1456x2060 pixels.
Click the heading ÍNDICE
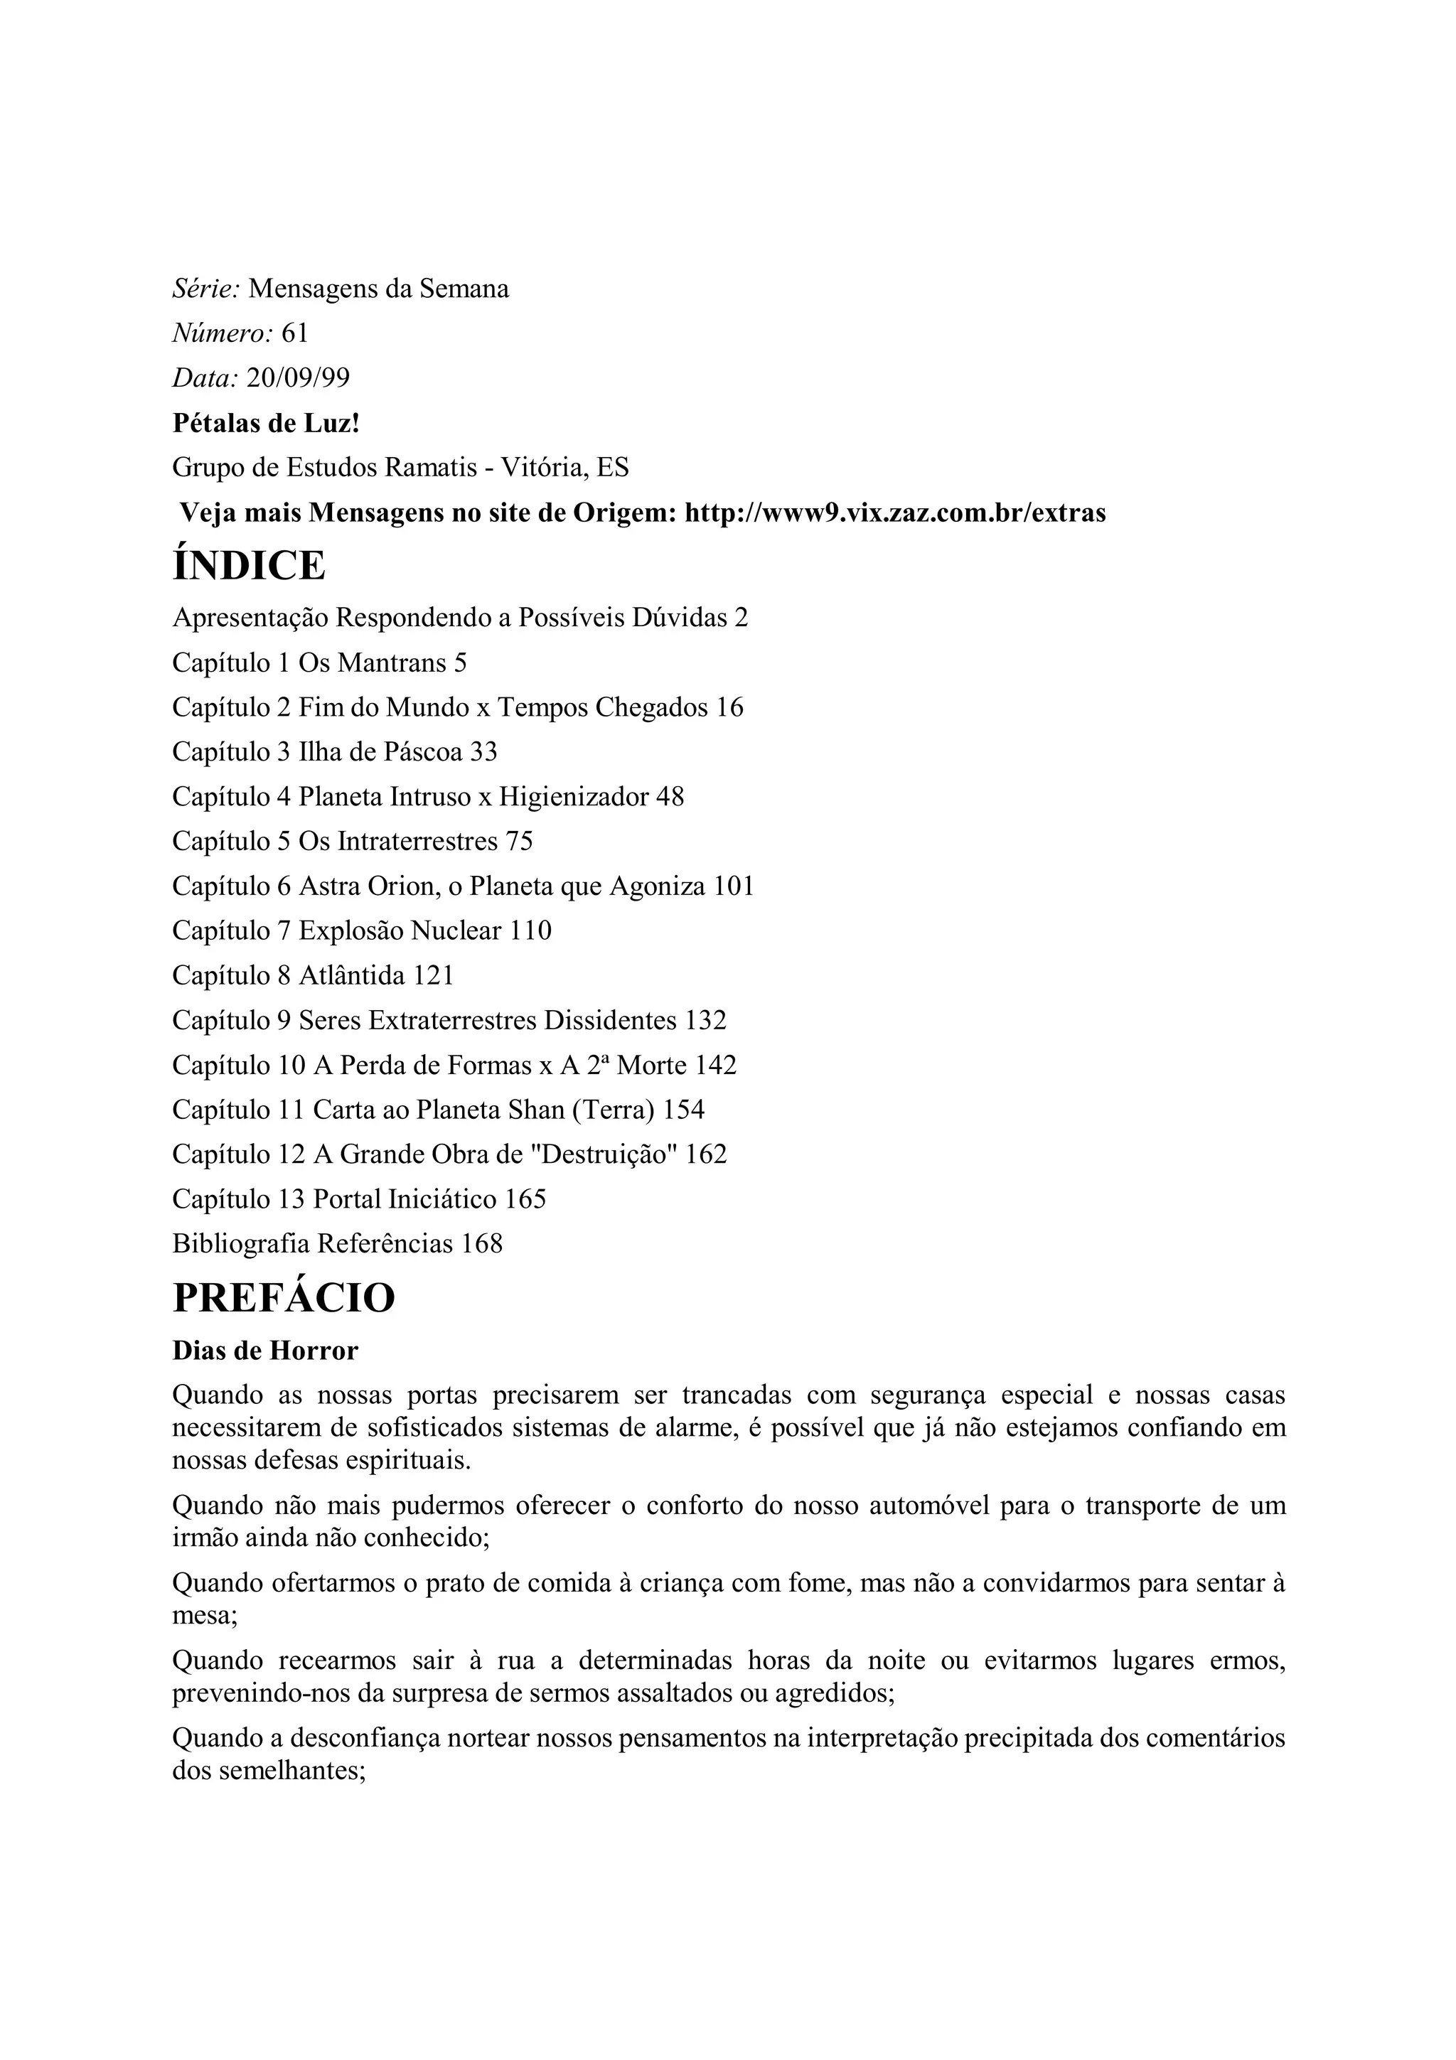[249, 566]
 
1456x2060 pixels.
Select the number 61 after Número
[295, 334]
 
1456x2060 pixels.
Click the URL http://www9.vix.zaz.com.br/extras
[894, 513]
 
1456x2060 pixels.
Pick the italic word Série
[205, 289]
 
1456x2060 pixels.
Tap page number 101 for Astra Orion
[734, 886]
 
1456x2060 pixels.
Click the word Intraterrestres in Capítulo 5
[417, 842]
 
